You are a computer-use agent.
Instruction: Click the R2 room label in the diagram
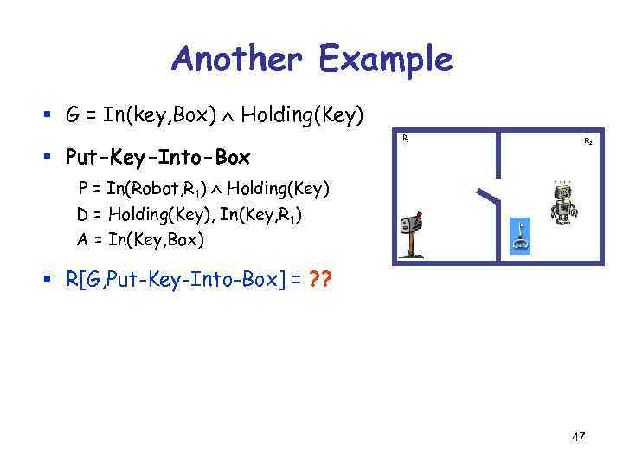click(x=588, y=140)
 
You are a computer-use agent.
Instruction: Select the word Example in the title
click(x=385, y=60)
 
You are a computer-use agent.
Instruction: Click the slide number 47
click(x=578, y=437)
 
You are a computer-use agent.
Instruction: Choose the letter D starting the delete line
click(x=83, y=213)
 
